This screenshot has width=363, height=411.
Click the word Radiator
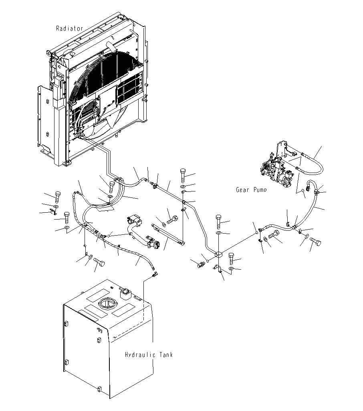tap(70, 28)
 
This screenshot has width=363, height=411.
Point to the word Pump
tap(260, 190)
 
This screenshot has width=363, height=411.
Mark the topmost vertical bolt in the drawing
tap(184, 173)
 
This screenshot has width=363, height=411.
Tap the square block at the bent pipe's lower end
tap(218, 254)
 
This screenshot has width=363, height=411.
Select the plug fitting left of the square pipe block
tap(202, 265)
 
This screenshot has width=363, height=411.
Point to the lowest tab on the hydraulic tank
tap(99, 389)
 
